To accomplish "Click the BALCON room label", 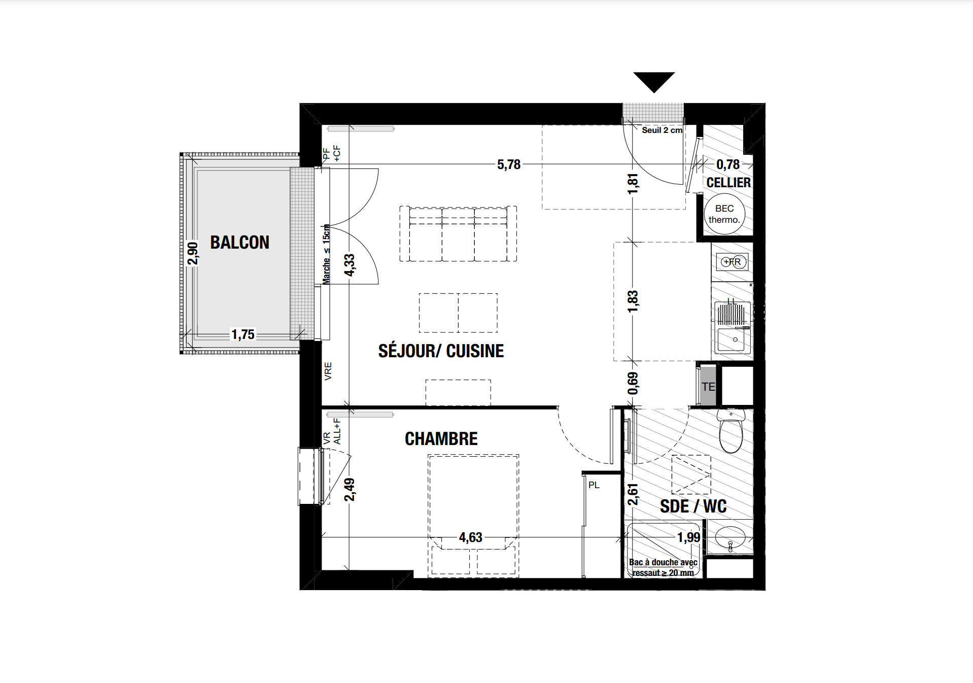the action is pyautogui.click(x=239, y=243).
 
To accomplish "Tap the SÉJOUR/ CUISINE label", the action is pyautogui.click(x=441, y=351).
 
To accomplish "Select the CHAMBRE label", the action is pyautogui.click(x=441, y=439).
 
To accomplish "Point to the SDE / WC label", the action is pyautogui.click(x=693, y=506).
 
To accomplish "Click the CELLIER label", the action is pyautogui.click(x=728, y=183).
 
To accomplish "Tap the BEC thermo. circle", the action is pyautogui.click(x=724, y=214).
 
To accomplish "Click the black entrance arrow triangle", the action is pyautogui.click(x=654, y=82).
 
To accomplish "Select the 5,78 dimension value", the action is pyautogui.click(x=509, y=164).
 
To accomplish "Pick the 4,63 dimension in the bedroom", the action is pyautogui.click(x=470, y=537).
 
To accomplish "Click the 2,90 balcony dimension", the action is pyautogui.click(x=193, y=253).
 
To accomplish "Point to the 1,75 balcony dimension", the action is pyautogui.click(x=243, y=334).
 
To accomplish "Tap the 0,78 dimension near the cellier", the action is pyautogui.click(x=728, y=164).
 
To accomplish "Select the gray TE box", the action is pyautogui.click(x=708, y=386).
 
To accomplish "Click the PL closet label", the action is pyautogui.click(x=594, y=485).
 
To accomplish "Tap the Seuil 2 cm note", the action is pyautogui.click(x=662, y=130).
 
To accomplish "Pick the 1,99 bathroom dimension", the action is pyautogui.click(x=689, y=537).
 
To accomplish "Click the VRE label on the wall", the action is pyautogui.click(x=328, y=371).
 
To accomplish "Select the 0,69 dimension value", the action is pyautogui.click(x=633, y=383).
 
